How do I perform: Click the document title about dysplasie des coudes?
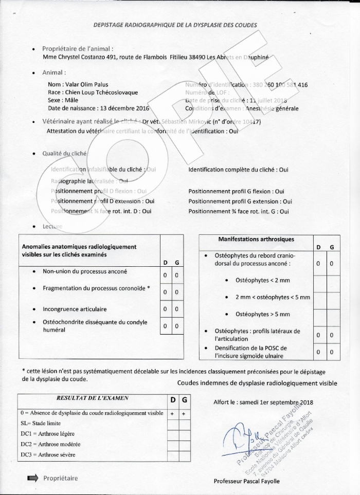(x=175, y=25)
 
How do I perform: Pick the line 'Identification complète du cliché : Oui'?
(x=238, y=170)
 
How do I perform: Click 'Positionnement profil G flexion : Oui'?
(x=236, y=191)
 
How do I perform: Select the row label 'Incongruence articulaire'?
(x=75, y=309)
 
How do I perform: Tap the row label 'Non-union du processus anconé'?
(x=85, y=271)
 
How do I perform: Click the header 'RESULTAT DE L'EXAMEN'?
(x=93, y=398)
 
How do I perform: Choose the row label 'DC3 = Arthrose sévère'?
(x=45, y=454)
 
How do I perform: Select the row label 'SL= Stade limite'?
(x=41, y=423)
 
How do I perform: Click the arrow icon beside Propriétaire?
(x=32, y=478)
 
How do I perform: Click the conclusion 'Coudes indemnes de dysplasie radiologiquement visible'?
(x=257, y=383)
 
